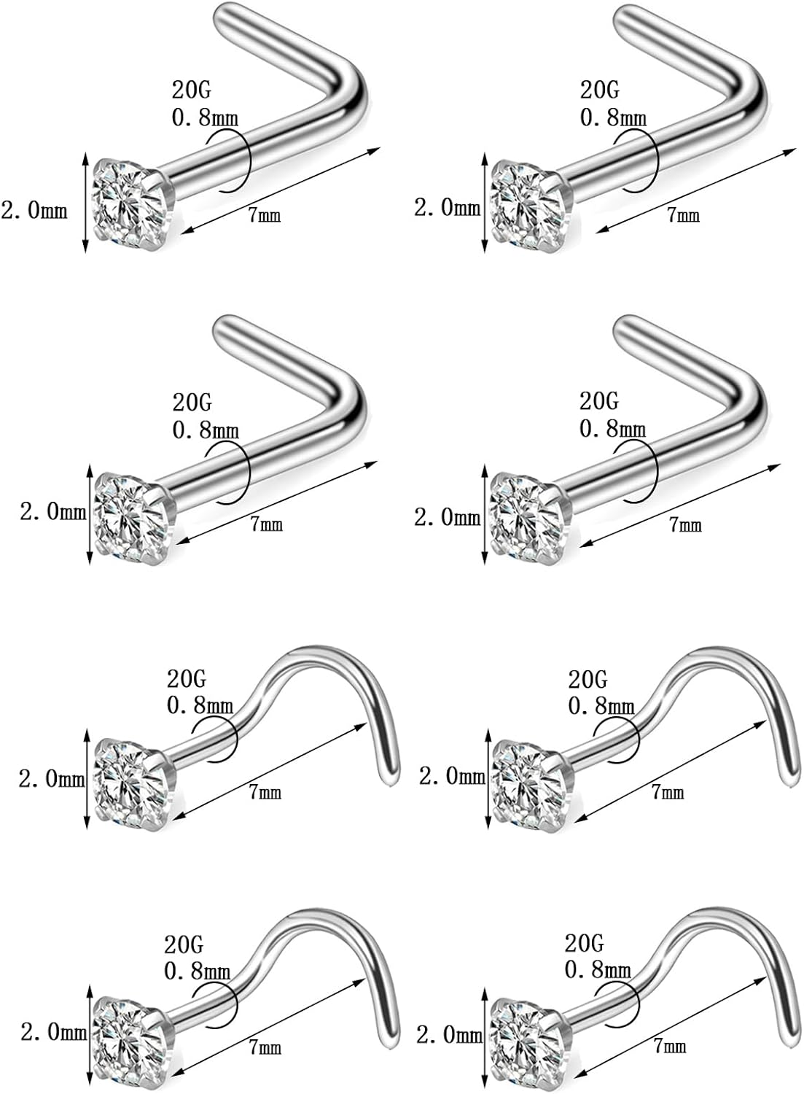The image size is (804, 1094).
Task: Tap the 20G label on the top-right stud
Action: (x=599, y=90)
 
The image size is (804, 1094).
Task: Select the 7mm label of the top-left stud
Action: (x=265, y=214)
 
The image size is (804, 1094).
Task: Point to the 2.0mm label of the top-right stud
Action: (x=447, y=208)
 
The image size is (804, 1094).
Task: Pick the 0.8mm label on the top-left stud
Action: (x=205, y=116)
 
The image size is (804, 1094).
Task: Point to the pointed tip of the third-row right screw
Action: (x=791, y=781)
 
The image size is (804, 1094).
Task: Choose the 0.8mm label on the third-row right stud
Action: (x=601, y=705)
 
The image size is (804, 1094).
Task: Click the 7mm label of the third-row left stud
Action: (x=265, y=791)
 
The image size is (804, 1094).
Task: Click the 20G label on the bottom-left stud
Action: (x=183, y=944)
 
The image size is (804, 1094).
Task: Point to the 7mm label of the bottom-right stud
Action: (x=670, y=1046)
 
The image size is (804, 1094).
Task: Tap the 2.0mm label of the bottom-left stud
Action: (x=52, y=1032)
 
